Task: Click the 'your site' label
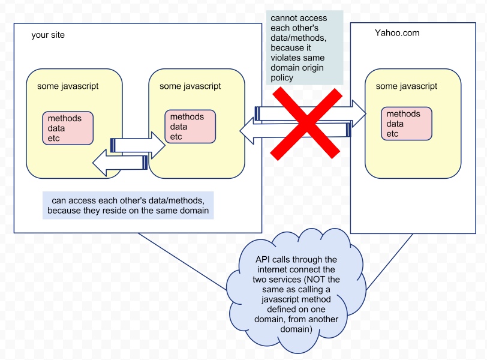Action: click(x=48, y=35)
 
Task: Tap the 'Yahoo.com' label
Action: click(x=397, y=32)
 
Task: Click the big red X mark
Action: click(x=306, y=124)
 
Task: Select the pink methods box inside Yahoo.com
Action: click(x=406, y=124)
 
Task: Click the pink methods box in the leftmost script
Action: click(x=68, y=128)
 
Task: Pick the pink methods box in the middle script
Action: click(x=190, y=127)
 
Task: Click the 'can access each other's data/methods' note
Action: click(x=128, y=205)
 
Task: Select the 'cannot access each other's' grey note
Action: click(x=305, y=47)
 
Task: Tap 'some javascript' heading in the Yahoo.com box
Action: click(x=406, y=86)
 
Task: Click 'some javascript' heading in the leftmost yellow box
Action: click(x=68, y=86)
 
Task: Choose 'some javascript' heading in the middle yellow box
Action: click(x=190, y=86)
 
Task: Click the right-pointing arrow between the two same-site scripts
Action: click(x=138, y=145)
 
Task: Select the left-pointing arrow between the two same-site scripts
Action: click(x=120, y=163)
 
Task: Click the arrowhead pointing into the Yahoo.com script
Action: click(x=359, y=113)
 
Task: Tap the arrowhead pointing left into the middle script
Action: click(x=247, y=131)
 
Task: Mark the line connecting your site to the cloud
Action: click(x=182, y=262)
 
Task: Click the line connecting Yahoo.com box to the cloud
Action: click(x=389, y=262)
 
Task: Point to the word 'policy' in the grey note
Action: click(x=282, y=77)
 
